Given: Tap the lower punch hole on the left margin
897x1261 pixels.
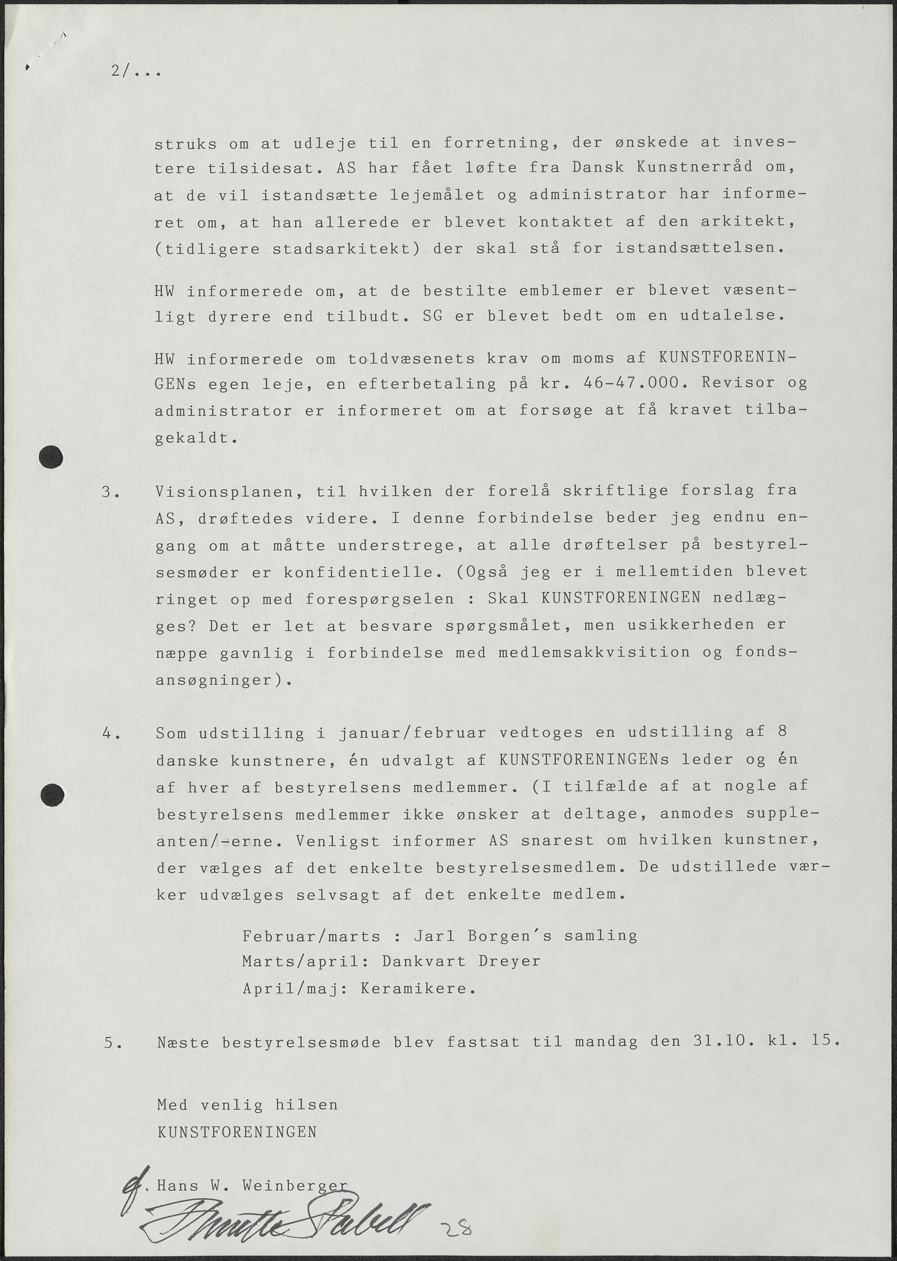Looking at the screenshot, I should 52,795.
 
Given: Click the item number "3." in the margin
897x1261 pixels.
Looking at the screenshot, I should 110,492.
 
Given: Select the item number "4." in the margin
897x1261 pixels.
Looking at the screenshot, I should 111,734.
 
